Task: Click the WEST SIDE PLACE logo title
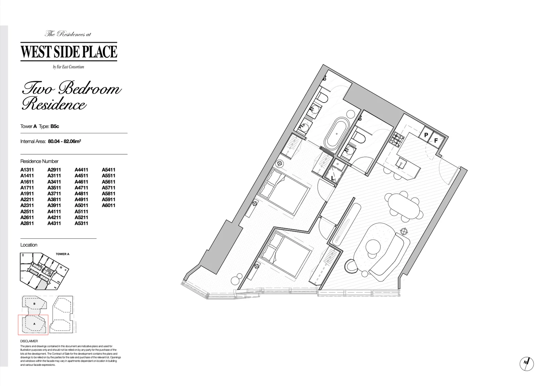(x=69, y=51)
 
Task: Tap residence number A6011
(x=109, y=206)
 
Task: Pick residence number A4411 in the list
(x=81, y=170)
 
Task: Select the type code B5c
(x=55, y=126)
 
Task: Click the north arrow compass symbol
(x=526, y=363)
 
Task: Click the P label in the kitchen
(x=426, y=135)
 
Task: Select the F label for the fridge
(x=436, y=140)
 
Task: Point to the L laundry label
(x=333, y=178)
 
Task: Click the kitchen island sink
(x=401, y=164)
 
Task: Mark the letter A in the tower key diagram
(x=34, y=323)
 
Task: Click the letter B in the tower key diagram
(x=34, y=303)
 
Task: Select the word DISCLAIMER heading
(x=29, y=341)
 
